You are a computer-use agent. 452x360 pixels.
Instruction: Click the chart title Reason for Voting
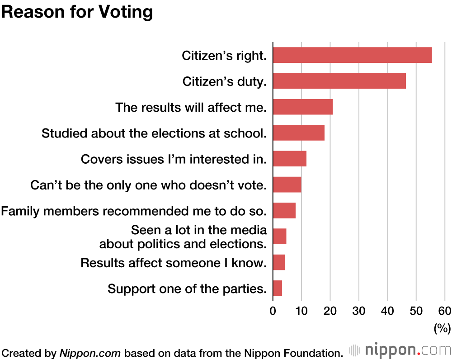[77, 12]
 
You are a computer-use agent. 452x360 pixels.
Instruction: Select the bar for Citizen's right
[352, 55]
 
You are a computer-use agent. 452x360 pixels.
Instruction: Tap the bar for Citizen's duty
[339, 81]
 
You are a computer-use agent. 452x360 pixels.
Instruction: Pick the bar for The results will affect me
[303, 107]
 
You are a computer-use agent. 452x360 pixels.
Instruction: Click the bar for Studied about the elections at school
[299, 133]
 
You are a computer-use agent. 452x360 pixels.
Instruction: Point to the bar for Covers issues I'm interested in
[290, 159]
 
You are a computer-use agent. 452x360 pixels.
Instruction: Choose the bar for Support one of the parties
[278, 288]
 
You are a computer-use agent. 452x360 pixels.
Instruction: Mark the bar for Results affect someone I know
[279, 262]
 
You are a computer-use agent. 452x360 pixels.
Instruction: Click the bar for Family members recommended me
[284, 211]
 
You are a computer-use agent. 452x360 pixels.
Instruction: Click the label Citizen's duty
[224, 81]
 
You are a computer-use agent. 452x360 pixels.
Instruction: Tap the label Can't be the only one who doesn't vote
[148, 185]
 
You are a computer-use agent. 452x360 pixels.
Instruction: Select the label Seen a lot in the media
[199, 230]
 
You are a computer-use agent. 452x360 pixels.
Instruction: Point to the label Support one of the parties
[187, 289]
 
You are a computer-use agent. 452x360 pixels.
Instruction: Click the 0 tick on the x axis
[273, 311]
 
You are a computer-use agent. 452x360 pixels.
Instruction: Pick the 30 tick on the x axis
[359, 311]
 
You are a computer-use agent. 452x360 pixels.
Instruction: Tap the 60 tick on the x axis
[445, 311]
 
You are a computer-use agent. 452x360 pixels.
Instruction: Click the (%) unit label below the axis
[442, 328]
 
